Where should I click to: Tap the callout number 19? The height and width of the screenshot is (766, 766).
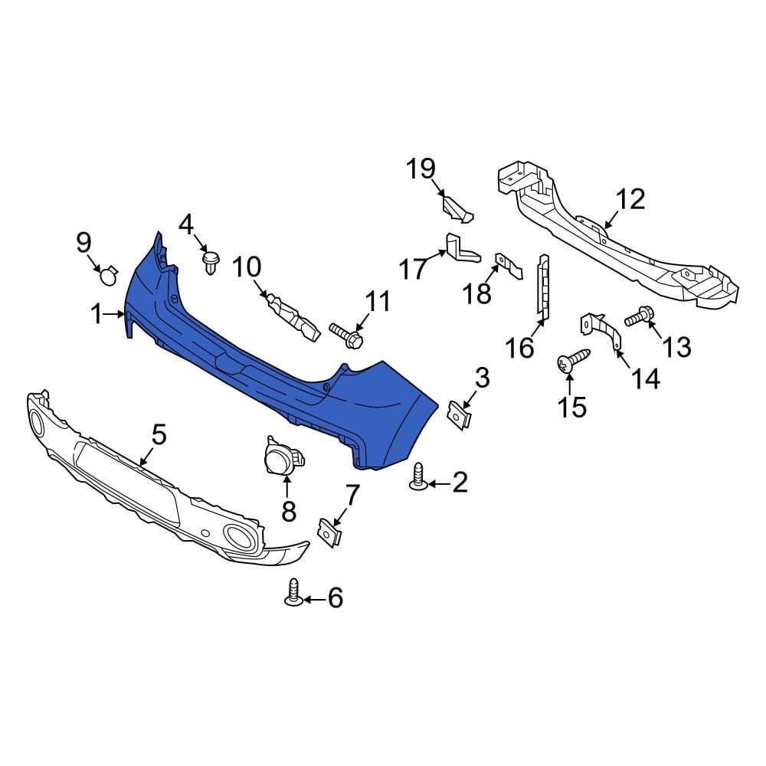tap(421, 169)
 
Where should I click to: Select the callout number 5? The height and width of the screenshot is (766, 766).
tap(159, 435)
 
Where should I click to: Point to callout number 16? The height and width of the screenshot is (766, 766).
tap(519, 348)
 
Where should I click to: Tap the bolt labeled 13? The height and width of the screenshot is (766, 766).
tap(639, 315)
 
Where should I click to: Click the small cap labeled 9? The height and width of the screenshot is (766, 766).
tap(109, 275)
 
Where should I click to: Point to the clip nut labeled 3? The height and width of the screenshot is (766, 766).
tap(459, 415)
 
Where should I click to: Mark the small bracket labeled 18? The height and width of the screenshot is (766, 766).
tap(506, 264)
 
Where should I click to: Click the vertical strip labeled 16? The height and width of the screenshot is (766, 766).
tap(544, 283)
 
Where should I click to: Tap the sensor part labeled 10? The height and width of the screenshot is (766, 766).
tap(292, 316)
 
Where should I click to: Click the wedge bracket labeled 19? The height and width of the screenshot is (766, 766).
tap(457, 206)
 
